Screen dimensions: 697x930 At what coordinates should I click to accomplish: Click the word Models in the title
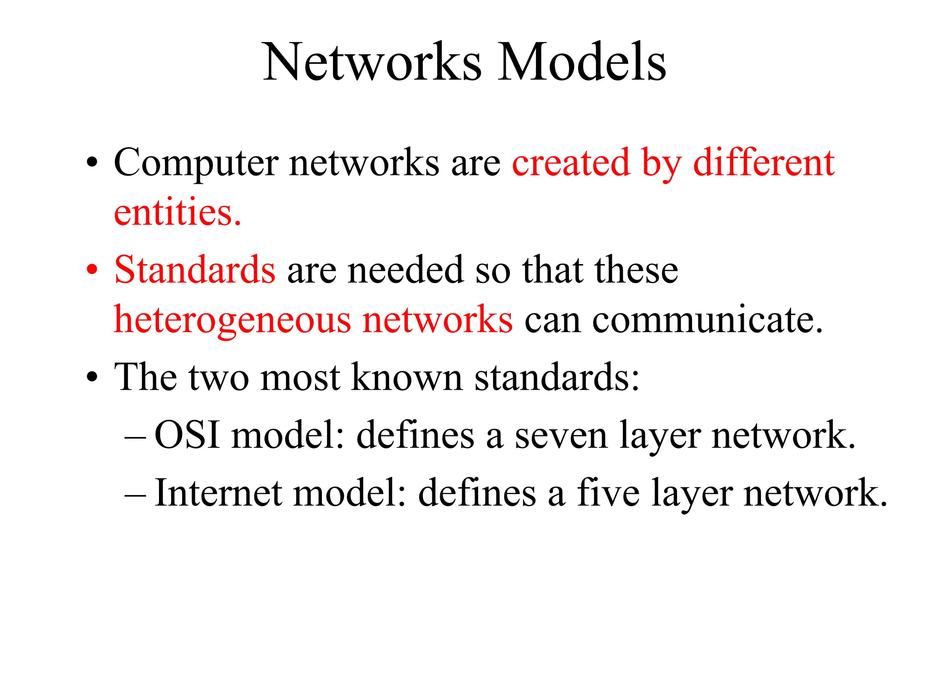tap(582, 62)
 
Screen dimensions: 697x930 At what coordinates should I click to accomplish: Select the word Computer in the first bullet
tap(196, 163)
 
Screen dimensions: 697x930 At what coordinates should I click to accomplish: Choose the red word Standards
tap(195, 270)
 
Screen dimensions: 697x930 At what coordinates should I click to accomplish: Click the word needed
tap(406, 270)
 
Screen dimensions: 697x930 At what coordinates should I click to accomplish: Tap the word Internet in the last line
tap(218, 493)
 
